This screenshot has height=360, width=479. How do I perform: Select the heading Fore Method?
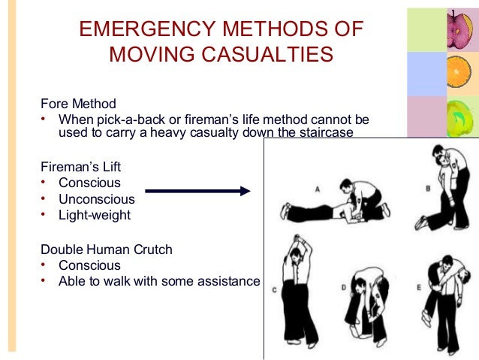(79, 104)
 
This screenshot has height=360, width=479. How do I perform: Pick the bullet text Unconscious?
(97, 199)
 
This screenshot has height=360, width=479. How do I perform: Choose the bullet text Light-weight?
(95, 215)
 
